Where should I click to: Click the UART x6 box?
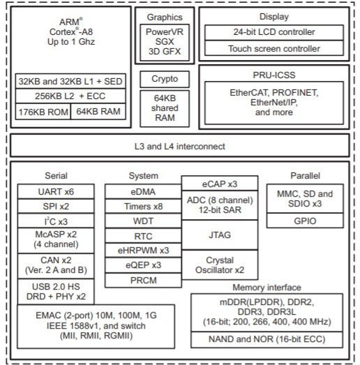point(56,192)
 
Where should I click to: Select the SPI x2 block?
point(56,207)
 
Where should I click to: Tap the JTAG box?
point(220,235)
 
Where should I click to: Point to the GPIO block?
point(305,221)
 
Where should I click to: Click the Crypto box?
point(165,79)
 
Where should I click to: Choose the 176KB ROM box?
point(43,112)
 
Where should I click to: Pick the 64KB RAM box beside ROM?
point(98,112)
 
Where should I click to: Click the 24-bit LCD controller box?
point(274,32)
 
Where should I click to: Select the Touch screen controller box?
point(274,48)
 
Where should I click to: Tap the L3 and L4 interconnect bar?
point(180,146)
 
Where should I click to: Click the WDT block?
point(143,221)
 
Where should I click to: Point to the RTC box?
point(143,236)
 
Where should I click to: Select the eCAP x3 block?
point(220,184)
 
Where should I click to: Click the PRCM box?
point(143,281)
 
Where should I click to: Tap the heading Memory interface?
point(267,288)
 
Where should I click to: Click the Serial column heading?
point(56,175)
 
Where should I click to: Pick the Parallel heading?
point(305,175)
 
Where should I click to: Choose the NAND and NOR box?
point(267,339)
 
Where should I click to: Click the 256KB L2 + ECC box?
point(70,96)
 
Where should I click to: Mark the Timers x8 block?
point(143,207)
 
